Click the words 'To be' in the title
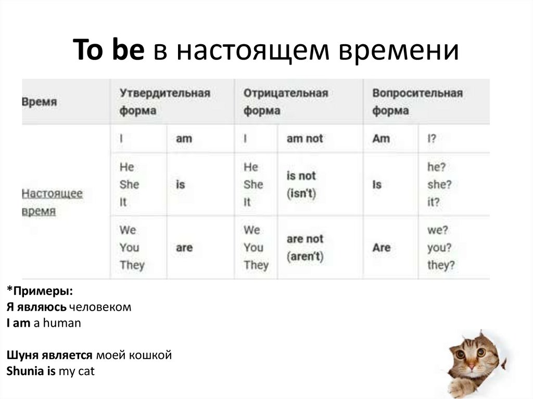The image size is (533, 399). click(108, 50)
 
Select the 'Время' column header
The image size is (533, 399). click(39, 102)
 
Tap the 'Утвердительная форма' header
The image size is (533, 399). click(164, 102)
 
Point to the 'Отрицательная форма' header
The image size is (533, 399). click(285, 102)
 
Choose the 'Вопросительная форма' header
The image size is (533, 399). click(417, 102)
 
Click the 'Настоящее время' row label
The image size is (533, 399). click(52, 202)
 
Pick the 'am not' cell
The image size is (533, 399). click(304, 139)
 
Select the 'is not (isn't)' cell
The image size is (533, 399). click(301, 185)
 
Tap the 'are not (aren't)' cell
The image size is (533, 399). click(305, 248)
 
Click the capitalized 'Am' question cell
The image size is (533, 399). click(381, 139)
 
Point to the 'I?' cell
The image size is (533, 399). click(432, 139)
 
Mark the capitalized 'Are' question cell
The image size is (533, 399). click(381, 248)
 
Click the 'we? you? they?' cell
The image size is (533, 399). click(441, 248)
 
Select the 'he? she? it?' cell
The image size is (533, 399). click(439, 185)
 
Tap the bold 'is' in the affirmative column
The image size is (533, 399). click(180, 185)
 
